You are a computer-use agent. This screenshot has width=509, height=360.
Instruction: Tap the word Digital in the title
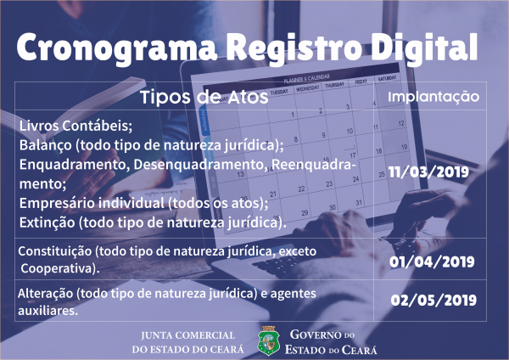tap(425, 47)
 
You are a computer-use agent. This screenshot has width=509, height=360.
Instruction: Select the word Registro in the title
tap(294, 48)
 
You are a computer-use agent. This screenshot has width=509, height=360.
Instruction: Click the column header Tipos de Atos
tap(204, 97)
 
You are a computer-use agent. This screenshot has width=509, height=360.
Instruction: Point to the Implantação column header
tap(433, 97)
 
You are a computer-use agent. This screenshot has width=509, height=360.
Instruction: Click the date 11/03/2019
tap(428, 172)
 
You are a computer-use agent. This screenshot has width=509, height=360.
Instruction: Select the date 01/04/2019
tap(432, 262)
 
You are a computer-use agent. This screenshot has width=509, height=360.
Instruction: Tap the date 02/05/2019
tap(433, 301)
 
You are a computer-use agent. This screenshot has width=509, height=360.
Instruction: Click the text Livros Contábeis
tap(75, 126)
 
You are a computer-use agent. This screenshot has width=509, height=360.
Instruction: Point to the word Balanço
tap(46, 145)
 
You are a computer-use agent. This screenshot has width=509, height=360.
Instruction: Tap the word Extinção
tap(47, 222)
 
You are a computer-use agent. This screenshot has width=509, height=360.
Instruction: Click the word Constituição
tap(55, 251)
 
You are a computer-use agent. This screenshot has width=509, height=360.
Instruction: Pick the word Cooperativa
tap(59, 268)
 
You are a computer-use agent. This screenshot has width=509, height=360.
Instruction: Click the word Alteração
tap(46, 294)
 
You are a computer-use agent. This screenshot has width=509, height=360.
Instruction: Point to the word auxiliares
tap(48, 311)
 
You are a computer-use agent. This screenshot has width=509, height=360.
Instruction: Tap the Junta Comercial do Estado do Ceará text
tap(188, 342)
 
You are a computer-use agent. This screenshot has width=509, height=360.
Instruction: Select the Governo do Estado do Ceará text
tap(331, 342)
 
